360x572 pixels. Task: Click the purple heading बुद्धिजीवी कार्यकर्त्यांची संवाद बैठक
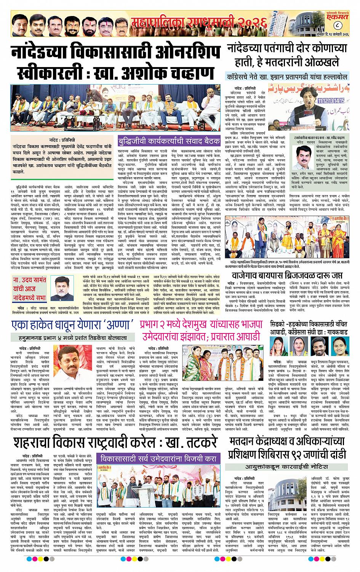tap(169, 140)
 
